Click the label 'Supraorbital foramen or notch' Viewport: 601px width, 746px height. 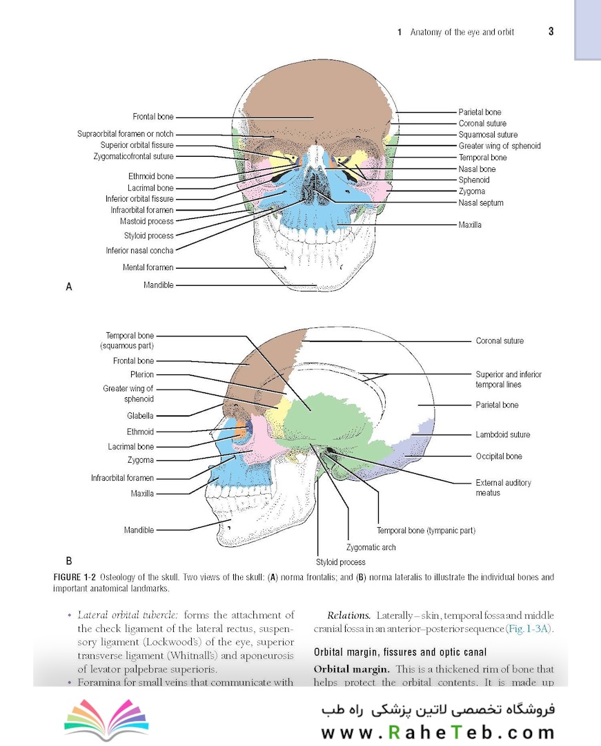[x=126, y=134]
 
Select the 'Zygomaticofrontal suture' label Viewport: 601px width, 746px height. [x=133, y=157]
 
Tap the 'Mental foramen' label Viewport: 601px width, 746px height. [x=148, y=267]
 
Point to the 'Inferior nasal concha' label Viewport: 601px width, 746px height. [x=139, y=250]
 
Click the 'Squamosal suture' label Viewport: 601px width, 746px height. [x=488, y=135]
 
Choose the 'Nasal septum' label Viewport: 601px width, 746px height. [x=481, y=202]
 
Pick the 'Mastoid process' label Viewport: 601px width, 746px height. [x=147, y=221]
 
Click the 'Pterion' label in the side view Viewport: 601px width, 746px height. [x=142, y=374]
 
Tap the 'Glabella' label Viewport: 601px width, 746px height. [x=140, y=416]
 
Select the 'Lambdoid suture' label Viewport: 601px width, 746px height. [x=502, y=434]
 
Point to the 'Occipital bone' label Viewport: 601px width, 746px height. [x=499, y=457]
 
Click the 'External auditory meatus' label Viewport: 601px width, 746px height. [x=504, y=488]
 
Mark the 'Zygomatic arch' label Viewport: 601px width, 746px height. [x=371, y=547]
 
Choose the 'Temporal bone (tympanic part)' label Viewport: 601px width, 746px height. [x=426, y=530]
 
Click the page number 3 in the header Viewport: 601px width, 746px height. [x=551, y=31]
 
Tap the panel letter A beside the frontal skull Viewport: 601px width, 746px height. [x=69, y=287]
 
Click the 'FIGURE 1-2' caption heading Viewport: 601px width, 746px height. [x=75, y=577]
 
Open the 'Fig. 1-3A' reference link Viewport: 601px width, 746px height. [x=529, y=629]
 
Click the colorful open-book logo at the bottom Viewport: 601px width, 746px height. [x=106, y=719]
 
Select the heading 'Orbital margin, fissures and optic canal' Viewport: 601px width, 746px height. [x=400, y=652]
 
